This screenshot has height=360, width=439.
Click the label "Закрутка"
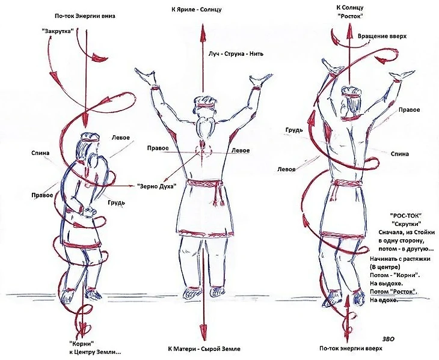(x=57, y=31)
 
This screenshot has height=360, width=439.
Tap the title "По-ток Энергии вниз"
(x=85, y=16)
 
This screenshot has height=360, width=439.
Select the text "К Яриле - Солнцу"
(x=197, y=10)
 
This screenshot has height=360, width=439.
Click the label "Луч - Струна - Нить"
(x=236, y=53)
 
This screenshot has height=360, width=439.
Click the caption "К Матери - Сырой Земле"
(x=204, y=349)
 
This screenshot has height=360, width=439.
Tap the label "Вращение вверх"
(x=382, y=37)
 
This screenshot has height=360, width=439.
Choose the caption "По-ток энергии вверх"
(x=351, y=349)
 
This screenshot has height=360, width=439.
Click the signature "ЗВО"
(x=388, y=339)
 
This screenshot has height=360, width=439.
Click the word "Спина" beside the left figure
(x=40, y=153)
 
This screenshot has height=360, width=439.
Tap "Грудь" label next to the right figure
(x=294, y=130)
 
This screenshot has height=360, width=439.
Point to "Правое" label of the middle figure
(x=158, y=148)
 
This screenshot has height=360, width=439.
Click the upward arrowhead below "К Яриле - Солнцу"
(x=202, y=29)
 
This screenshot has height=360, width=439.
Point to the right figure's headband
(x=349, y=96)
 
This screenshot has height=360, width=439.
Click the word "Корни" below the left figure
(x=81, y=343)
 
